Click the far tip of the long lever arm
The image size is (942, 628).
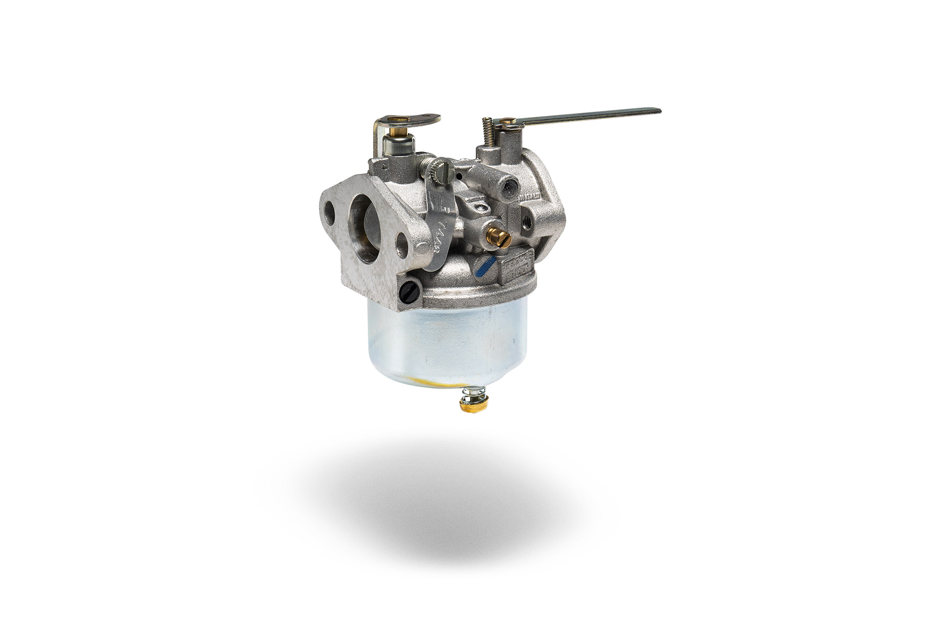(657, 111)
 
